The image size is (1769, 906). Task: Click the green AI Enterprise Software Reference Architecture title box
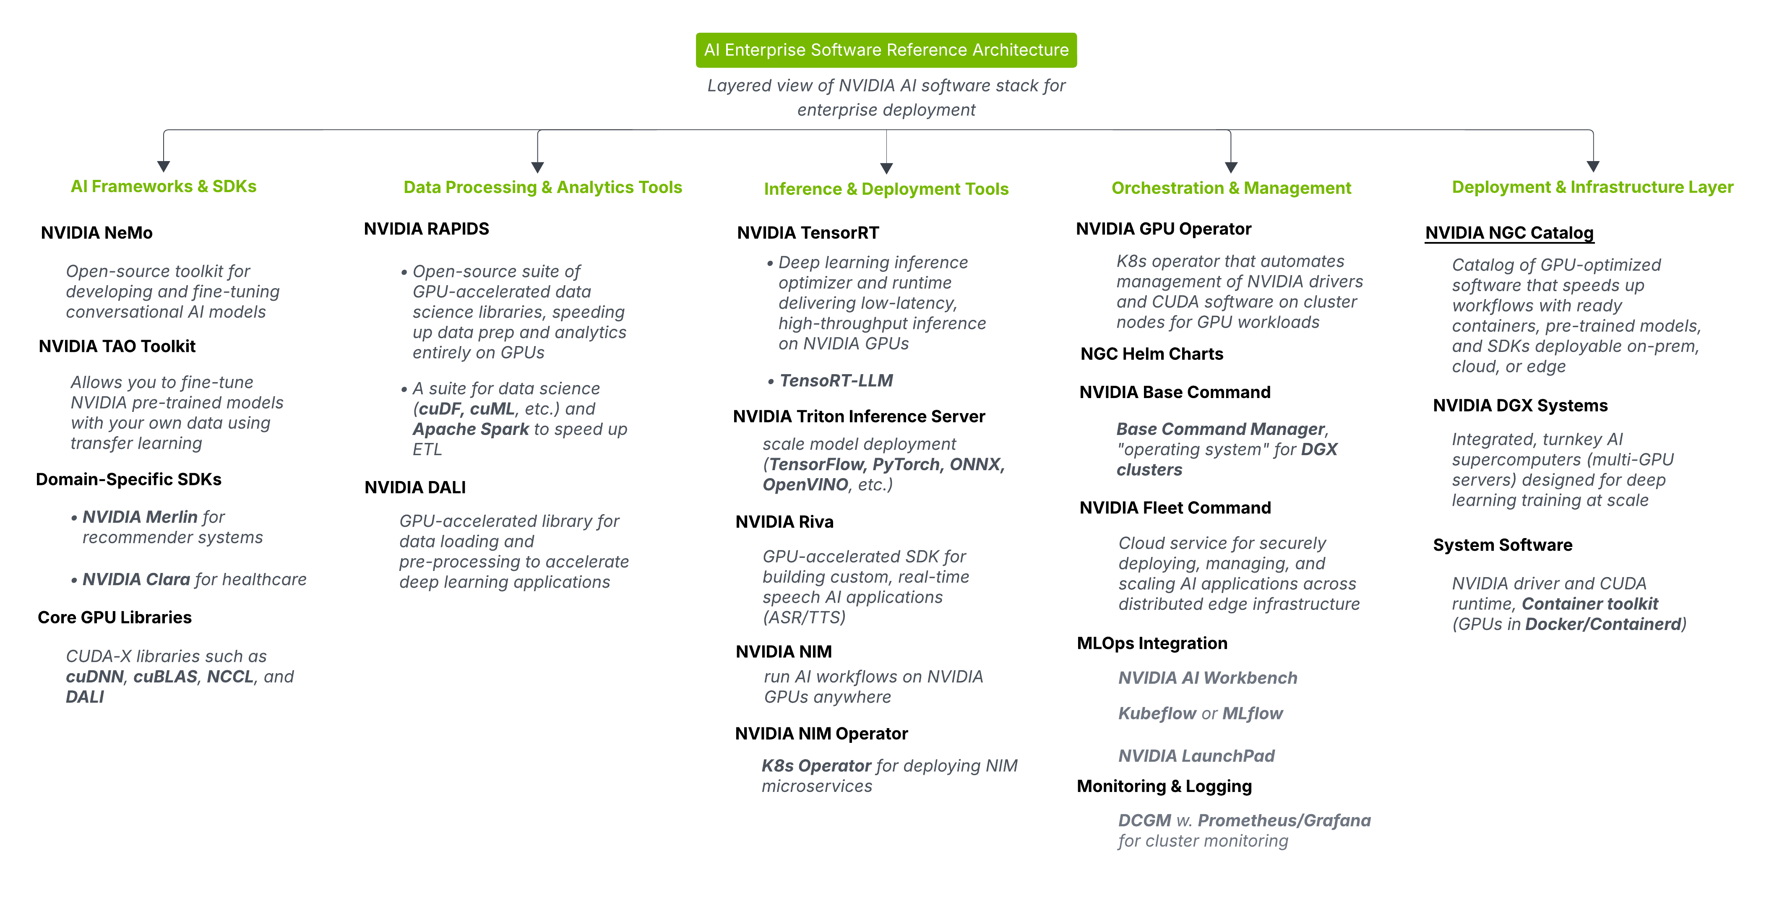click(886, 50)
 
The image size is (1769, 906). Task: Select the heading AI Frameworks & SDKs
click(164, 186)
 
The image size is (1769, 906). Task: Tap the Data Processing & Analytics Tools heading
click(542, 187)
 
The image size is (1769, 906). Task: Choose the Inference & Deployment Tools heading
click(886, 189)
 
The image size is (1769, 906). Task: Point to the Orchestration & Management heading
click(1231, 188)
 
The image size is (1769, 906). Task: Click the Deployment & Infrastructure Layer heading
click(1592, 187)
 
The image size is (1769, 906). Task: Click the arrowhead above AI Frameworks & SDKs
click(164, 166)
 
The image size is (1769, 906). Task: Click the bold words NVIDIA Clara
click(136, 579)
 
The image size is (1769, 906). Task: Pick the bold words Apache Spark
click(470, 430)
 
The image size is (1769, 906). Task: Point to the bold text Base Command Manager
click(1220, 430)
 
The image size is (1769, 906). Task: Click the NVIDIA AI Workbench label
click(1207, 678)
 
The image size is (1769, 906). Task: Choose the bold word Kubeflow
click(1157, 713)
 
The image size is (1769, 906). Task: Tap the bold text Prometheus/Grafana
click(1284, 820)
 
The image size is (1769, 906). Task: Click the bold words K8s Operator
click(816, 766)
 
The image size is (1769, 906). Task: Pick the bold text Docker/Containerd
click(1603, 624)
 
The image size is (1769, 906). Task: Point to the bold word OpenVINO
click(805, 484)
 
